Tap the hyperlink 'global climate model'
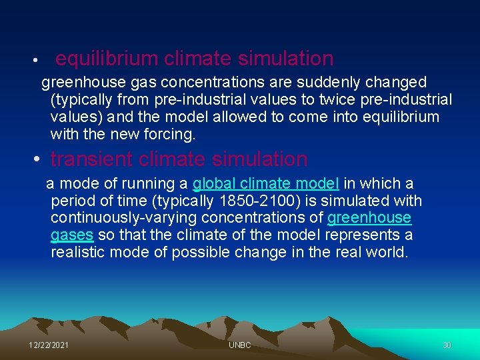[x=266, y=184]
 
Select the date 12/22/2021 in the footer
[x=49, y=345]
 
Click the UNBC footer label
[x=239, y=345]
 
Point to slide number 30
[x=447, y=345]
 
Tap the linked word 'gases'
[x=72, y=236]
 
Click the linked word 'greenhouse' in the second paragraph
[x=369, y=219]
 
